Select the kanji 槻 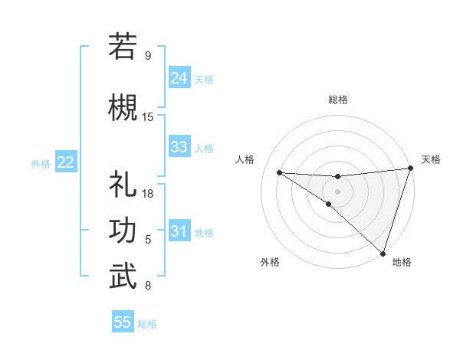[x=123, y=106]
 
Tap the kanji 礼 [x=123, y=185]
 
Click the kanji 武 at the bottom [x=123, y=277]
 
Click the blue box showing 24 [x=179, y=77]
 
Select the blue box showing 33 [x=179, y=147]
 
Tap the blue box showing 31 [x=179, y=231]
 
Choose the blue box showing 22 [x=65, y=162]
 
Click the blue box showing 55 [x=123, y=322]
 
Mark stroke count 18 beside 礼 [x=148, y=194]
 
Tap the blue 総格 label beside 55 [x=147, y=324]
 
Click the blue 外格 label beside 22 [x=41, y=163]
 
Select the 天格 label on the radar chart [x=431, y=159]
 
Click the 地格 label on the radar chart [x=402, y=262]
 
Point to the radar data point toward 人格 [x=279, y=172]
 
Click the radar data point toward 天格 [x=410, y=169]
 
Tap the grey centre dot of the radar [x=337, y=190]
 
